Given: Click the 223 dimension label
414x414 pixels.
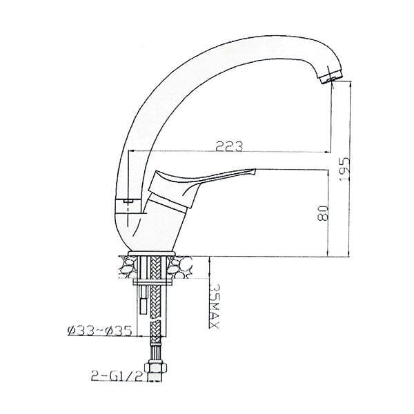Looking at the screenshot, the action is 229,146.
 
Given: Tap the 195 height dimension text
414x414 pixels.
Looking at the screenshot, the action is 344,169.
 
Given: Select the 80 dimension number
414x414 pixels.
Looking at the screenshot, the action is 323,213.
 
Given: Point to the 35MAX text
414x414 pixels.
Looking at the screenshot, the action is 215,306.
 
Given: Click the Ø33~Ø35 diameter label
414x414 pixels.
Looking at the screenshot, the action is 99,331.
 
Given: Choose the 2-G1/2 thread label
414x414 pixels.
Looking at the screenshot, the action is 119,376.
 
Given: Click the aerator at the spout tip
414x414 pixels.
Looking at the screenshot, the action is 331,77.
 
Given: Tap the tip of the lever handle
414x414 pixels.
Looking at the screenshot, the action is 255,171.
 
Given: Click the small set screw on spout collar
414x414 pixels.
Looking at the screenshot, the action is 128,201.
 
